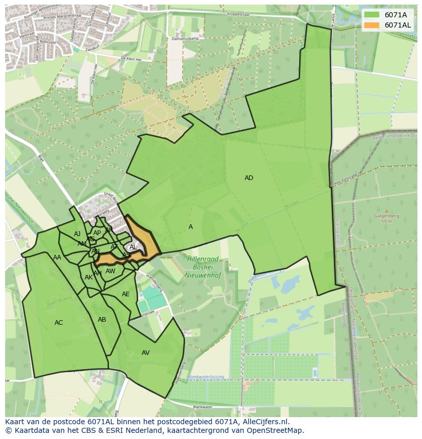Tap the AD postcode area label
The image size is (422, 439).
(x=249, y=178)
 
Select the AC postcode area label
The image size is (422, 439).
(x=59, y=323)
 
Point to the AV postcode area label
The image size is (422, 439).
(x=146, y=353)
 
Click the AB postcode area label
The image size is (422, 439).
(x=102, y=320)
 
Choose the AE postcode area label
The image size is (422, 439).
(x=126, y=294)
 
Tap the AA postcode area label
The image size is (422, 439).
(x=57, y=257)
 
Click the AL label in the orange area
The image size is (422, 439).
(x=133, y=247)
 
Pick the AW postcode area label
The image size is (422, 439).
(x=111, y=271)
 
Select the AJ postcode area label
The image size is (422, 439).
(x=77, y=234)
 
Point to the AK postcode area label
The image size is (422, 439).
(x=89, y=277)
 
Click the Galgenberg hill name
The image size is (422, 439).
(x=386, y=216)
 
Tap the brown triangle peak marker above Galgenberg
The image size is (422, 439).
(x=386, y=211)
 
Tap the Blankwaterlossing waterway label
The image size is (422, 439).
(x=205, y=377)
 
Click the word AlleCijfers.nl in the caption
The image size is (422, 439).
(x=265, y=422)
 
